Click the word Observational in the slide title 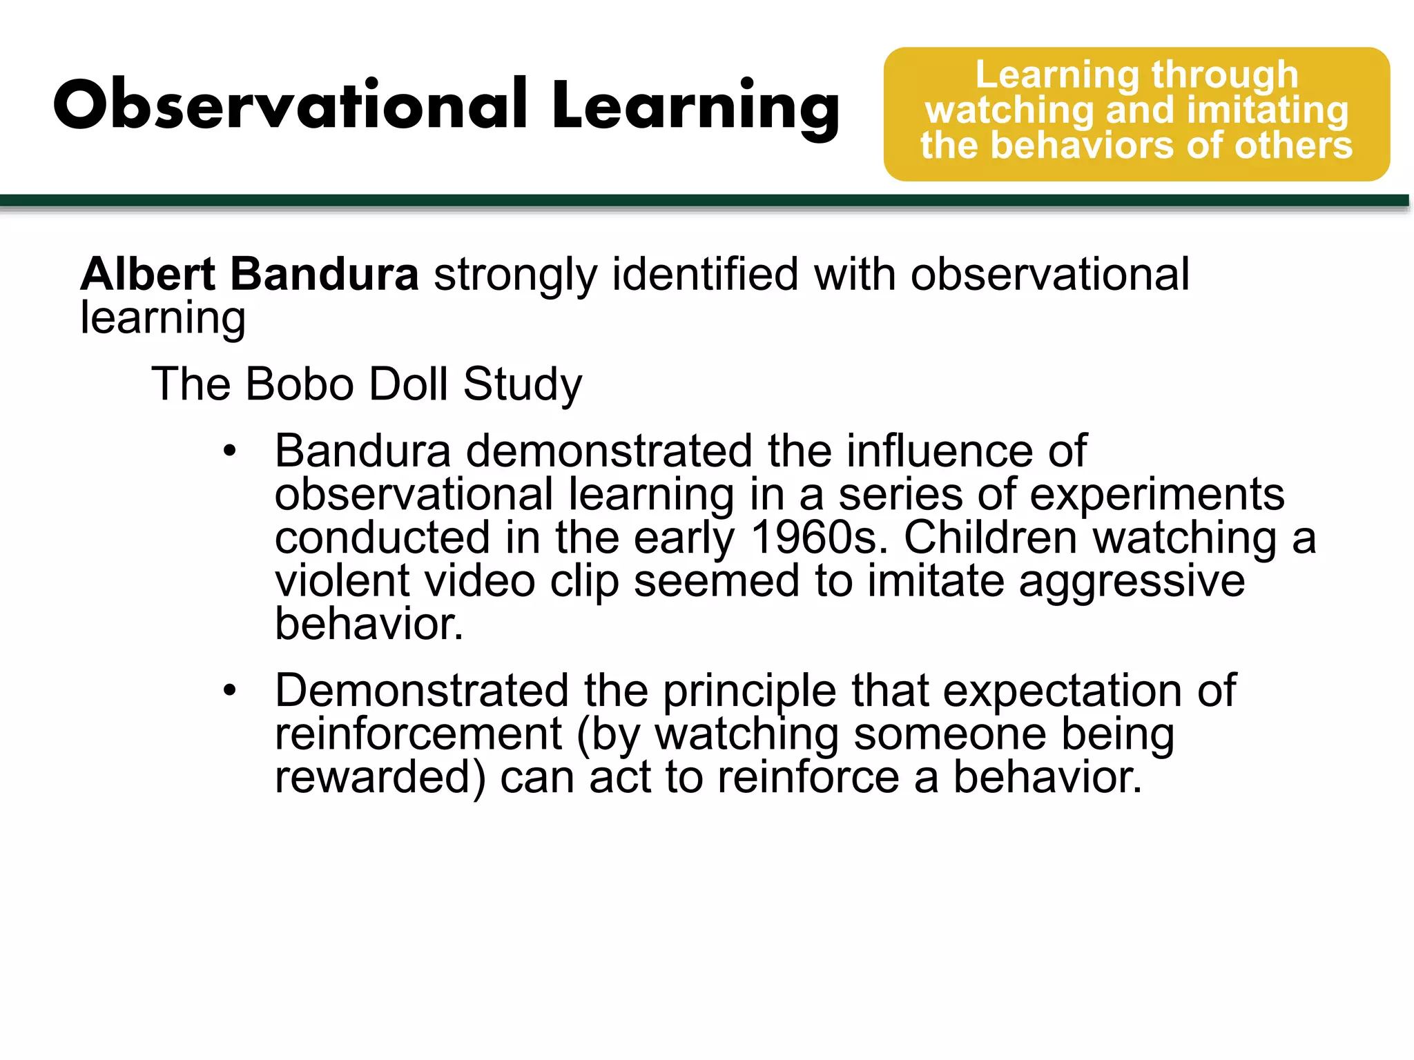290,105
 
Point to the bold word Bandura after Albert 324,274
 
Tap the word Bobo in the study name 299,384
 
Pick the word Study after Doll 523,385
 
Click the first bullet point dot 230,452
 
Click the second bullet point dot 230,690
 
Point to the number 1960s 819,538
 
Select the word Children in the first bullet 990,538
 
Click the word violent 342,580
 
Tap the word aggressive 1132,582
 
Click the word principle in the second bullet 749,691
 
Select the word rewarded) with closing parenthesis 380,778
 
